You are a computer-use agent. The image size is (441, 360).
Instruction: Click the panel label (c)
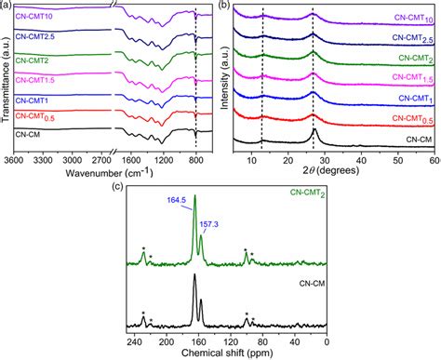coord(116,186)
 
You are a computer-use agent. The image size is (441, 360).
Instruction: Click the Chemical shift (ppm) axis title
coord(226,353)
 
